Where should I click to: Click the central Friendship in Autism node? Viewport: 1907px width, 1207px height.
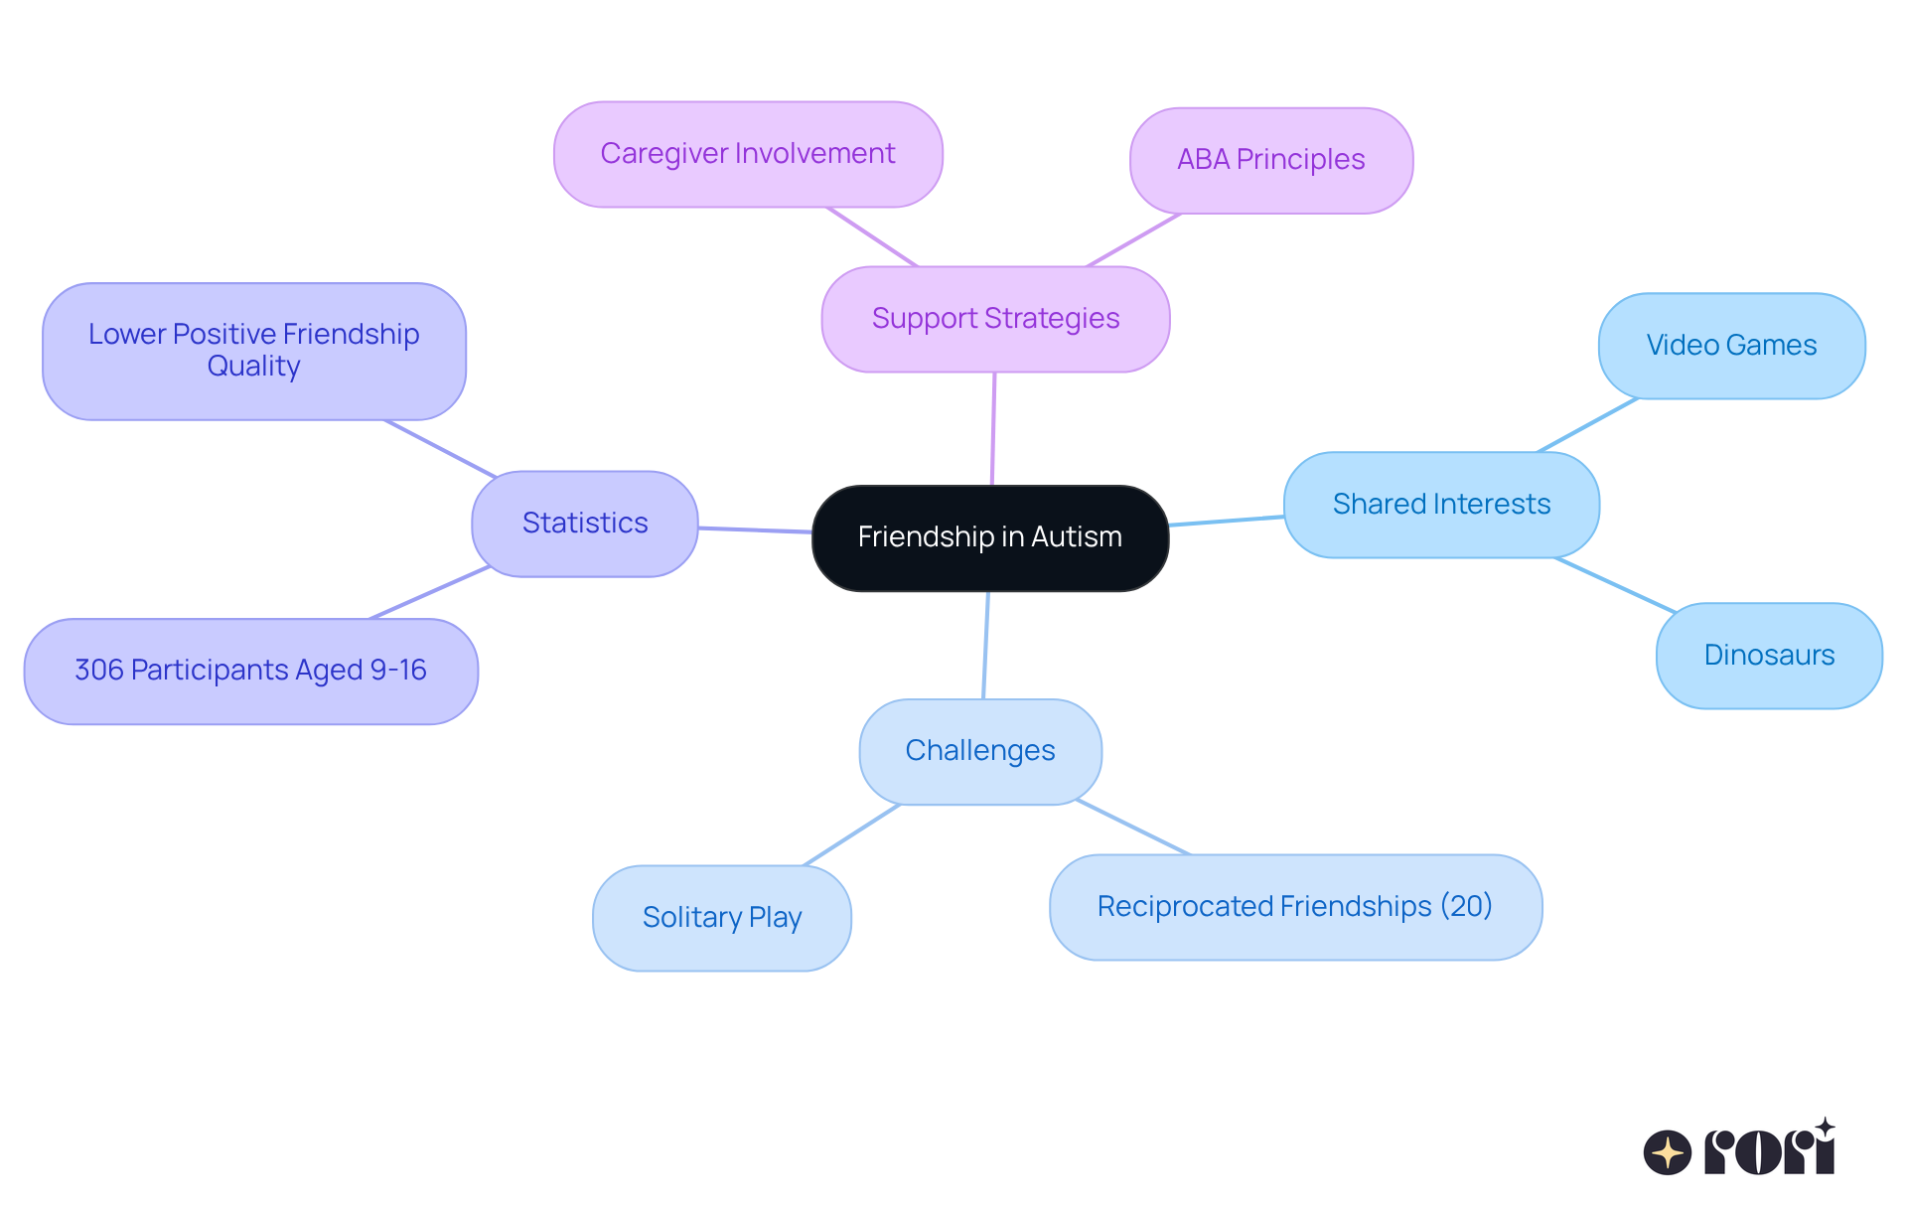[989, 537]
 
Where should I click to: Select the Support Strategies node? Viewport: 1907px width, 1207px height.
[995, 319]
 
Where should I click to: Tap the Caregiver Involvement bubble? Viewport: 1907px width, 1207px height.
[747, 154]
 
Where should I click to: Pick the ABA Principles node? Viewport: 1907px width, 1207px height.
[1270, 160]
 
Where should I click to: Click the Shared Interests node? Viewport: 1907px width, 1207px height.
[1440, 505]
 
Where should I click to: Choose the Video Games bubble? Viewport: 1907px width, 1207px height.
[1730, 346]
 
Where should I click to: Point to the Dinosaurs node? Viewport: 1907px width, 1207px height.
[1768, 656]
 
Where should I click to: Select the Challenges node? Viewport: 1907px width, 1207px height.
[979, 751]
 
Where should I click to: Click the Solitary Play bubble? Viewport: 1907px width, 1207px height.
[721, 918]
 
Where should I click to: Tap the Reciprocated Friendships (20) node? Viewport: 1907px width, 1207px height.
[1294, 907]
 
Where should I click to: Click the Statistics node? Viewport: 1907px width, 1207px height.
[584, 524]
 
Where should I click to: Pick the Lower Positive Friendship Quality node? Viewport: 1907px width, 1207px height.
[253, 351]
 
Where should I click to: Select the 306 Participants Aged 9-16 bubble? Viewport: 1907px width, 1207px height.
[250, 671]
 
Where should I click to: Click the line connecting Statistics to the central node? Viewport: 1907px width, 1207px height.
[755, 530]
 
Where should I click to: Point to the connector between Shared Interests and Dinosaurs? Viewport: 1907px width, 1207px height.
[1615, 585]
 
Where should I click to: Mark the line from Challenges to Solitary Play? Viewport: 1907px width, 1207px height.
[851, 834]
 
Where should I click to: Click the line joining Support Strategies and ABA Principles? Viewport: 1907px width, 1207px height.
[1133, 240]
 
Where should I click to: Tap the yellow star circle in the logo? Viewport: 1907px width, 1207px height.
[1667, 1152]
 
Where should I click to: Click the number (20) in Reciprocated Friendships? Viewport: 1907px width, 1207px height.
[1466, 906]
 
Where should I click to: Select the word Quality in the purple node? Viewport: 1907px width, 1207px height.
[253, 367]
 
